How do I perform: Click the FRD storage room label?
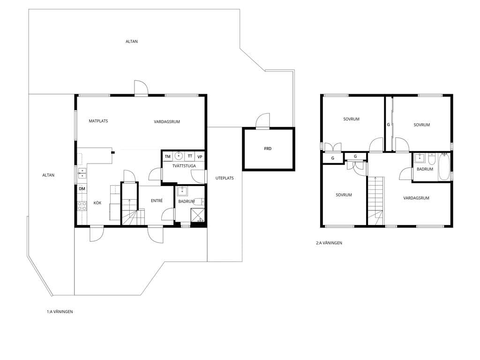click(x=268, y=149)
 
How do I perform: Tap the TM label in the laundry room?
click(x=167, y=157)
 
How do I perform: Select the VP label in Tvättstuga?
click(x=200, y=157)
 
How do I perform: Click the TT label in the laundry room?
click(x=190, y=156)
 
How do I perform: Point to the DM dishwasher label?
click(x=82, y=189)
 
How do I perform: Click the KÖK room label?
click(x=97, y=203)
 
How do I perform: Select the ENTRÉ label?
click(x=157, y=201)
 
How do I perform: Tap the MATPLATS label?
click(x=98, y=121)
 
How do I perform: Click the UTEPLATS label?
click(x=225, y=178)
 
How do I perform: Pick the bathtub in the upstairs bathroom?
click(x=444, y=167)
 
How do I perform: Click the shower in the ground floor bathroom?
click(x=198, y=215)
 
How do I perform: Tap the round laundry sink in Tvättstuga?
click(x=179, y=156)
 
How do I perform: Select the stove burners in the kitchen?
click(x=82, y=206)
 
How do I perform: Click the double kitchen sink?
click(x=82, y=173)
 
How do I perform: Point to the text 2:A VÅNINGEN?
click(x=329, y=243)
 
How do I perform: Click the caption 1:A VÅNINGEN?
click(x=60, y=312)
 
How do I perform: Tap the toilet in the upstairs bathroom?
click(x=432, y=159)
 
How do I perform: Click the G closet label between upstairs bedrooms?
click(x=389, y=125)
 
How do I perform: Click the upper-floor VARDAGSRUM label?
click(x=416, y=198)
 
